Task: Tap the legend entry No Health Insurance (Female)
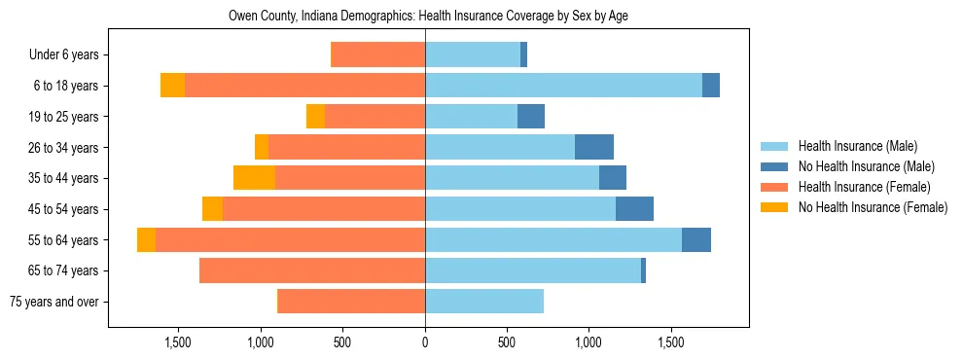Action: [x=873, y=207]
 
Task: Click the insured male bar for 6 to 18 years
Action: [x=563, y=86]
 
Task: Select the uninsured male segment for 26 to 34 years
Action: [x=594, y=147]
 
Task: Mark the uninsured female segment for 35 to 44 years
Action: [x=254, y=178]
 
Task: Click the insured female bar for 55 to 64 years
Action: [x=290, y=239]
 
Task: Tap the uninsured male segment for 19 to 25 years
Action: [x=531, y=117]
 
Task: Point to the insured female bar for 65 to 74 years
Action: [x=312, y=270]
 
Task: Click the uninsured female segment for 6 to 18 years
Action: [x=172, y=86]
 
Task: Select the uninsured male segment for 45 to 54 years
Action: [x=634, y=209]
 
